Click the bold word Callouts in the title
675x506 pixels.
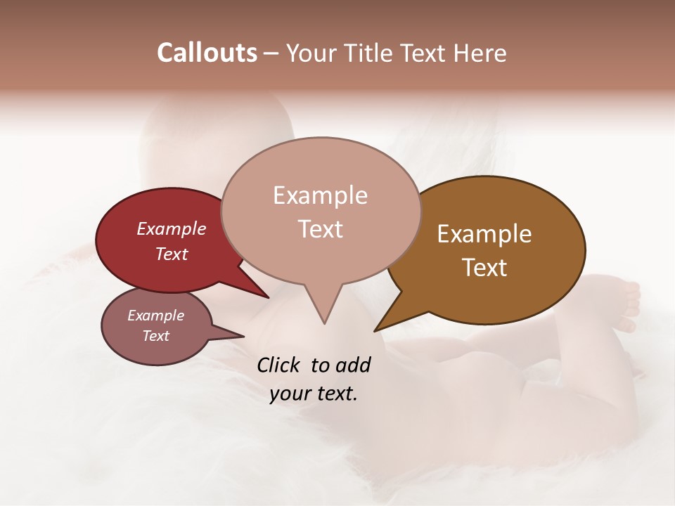click(207, 53)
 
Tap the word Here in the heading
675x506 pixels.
click(480, 53)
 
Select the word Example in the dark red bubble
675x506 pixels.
click(172, 228)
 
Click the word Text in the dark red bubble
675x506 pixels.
click(172, 254)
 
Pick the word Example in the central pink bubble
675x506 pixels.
click(320, 195)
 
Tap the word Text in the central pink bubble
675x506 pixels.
click(320, 228)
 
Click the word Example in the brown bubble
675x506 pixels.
click(484, 234)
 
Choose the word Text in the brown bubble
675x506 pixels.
click(484, 267)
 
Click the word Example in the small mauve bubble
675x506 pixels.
click(155, 316)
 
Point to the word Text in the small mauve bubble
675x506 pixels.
click(155, 336)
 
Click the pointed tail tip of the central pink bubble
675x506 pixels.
click(324, 323)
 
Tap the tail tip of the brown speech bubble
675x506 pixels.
click(375, 330)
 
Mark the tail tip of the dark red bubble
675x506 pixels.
click(269, 297)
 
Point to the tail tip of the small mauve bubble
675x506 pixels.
click(244, 336)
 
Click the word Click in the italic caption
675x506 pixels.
click(280, 365)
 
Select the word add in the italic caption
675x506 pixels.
click(352, 365)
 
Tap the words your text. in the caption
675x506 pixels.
click(313, 394)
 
